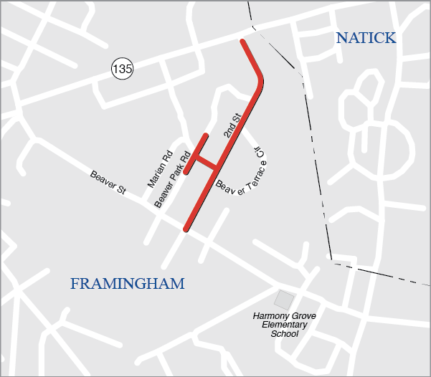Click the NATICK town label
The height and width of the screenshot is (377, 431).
(x=366, y=39)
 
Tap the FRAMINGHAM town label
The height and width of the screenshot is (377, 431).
(x=127, y=284)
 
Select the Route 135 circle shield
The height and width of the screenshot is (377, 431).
(x=123, y=69)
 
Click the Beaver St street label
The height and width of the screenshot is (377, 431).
(x=108, y=183)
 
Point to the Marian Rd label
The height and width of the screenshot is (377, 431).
(x=160, y=170)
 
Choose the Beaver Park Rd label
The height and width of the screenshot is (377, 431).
(x=172, y=180)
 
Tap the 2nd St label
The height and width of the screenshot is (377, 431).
(x=230, y=125)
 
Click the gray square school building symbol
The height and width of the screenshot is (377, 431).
(x=285, y=300)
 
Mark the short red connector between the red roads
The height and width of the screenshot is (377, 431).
(x=205, y=162)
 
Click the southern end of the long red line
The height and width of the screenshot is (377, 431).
(x=186, y=229)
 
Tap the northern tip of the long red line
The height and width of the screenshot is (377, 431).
(x=243, y=42)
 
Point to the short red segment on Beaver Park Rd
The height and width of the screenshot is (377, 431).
(x=196, y=153)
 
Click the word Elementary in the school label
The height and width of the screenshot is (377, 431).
(x=284, y=325)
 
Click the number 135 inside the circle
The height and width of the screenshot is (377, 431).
(x=123, y=69)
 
